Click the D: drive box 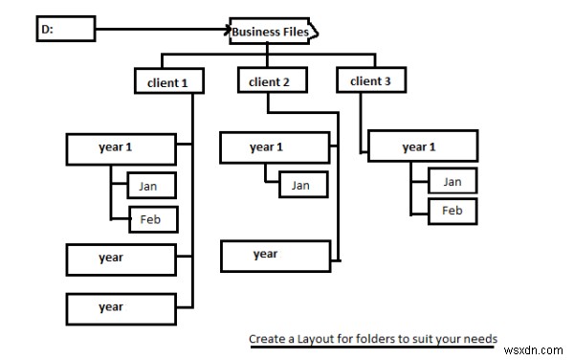tap(66, 29)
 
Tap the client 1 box tap(169, 81)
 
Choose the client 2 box tap(273, 79)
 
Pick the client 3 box tap(371, 79)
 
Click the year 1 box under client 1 tap(121, 149)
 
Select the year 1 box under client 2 tap(275, 147)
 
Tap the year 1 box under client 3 tap(423, 146)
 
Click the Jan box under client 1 tap(151, 186)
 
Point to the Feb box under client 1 tap(153, 219)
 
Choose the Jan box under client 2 tap(303, 184)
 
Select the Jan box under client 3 tap(453, 181)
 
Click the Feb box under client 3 tap(453, 211)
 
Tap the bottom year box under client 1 tap(121, 309)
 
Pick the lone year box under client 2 tap(276, 256)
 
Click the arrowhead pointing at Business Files tap(229, 30)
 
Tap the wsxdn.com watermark tap(533, 350)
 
